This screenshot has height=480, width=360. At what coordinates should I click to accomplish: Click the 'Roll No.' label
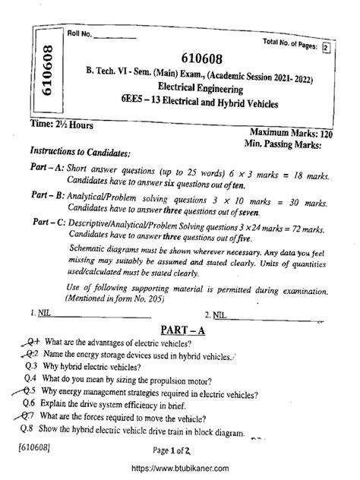[x=78, y=33]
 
